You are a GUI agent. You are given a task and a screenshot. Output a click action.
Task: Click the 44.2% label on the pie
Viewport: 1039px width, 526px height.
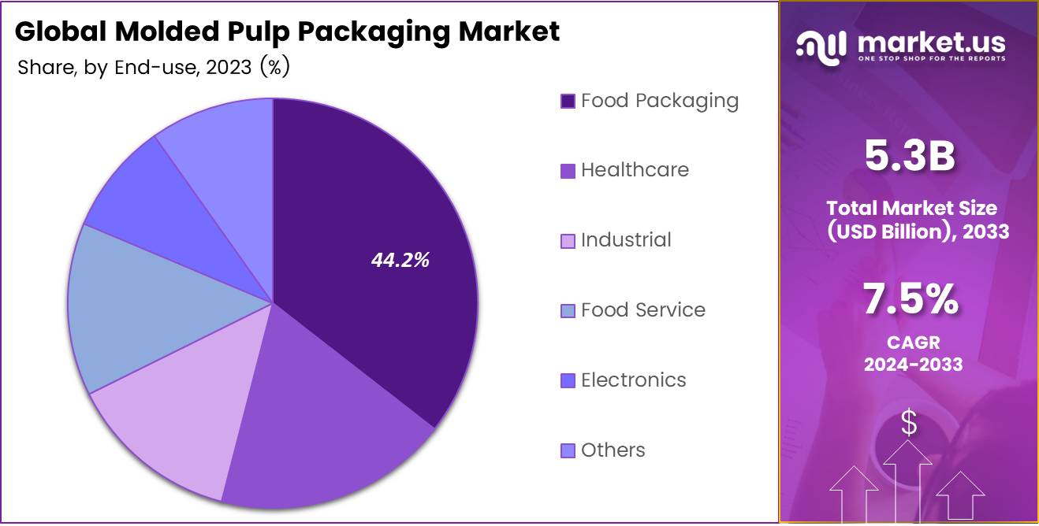coord(400,261)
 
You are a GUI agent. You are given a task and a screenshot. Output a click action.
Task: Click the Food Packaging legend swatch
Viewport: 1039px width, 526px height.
coord(568,102)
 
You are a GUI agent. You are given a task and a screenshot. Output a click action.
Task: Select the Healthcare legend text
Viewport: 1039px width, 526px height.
coord(635,170)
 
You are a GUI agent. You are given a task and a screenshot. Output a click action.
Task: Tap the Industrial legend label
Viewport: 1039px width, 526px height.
coord(626,240)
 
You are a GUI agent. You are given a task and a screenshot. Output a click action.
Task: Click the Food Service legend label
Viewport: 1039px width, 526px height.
coord(642,310)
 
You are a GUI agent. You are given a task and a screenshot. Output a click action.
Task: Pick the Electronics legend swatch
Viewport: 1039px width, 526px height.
coord(568,381)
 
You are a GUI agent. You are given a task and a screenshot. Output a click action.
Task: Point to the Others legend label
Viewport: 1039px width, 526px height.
coord(613,450)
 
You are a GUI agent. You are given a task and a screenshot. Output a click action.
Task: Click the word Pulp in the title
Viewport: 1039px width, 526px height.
coord(265,31)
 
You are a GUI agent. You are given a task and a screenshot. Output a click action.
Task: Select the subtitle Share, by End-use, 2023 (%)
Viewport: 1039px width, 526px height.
coord(154,68)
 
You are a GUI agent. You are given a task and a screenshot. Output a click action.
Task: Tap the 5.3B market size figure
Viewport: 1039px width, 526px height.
coord(909,156)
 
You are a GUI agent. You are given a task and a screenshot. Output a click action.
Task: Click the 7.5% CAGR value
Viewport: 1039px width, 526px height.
coord(911,300)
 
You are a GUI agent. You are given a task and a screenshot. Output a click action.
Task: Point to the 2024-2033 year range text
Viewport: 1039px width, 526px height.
coord(913,365)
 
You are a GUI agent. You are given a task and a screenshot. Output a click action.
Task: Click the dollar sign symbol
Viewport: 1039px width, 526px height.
coord(909,424)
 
